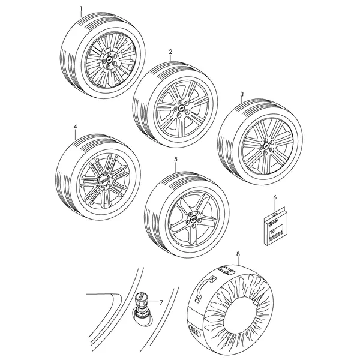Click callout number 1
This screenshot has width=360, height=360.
81,9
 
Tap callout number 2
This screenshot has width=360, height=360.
170,52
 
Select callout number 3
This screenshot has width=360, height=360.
242,94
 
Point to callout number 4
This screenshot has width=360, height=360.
76,127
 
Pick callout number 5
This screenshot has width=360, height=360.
176,160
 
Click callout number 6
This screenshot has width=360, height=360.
275,197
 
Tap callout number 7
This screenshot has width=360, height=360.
161,302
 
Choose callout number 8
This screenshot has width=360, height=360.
238,254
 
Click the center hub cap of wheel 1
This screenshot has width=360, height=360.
110,59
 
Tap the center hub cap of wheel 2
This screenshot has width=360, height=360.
182,107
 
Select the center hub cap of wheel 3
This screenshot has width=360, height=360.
266,146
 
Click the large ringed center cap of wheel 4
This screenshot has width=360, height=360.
104,181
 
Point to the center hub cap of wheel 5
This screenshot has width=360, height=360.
194,219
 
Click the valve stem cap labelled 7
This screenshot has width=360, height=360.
140,298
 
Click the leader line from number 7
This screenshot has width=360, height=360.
153,302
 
